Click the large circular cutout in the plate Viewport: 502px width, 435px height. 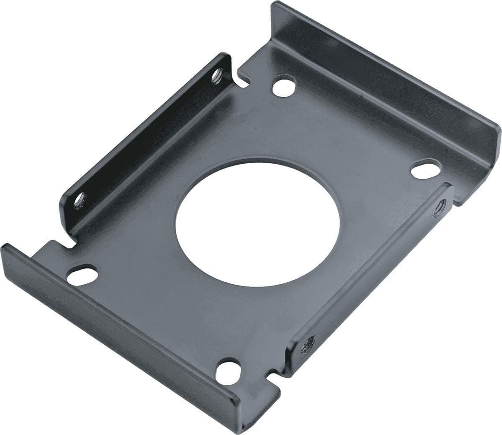point(257,224)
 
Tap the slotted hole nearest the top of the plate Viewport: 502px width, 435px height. point(284,87)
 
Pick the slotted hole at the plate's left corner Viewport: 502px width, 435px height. point(82,274)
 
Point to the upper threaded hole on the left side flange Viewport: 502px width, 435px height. point(217,74)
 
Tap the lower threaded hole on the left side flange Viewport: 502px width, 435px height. point(80,200)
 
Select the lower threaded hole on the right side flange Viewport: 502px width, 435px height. point(307,344)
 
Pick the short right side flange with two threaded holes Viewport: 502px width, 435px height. point(372,274)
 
